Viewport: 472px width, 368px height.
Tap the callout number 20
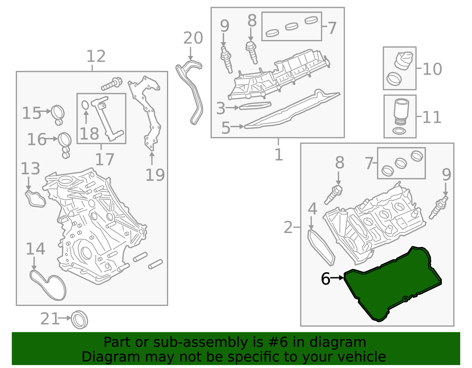tap(193, 38)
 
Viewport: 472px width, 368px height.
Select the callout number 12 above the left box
tap(96, 56)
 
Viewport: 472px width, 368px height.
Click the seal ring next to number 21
tap(80, 319)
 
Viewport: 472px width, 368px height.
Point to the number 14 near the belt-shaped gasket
tap(35, 249)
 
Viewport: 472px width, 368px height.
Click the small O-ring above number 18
tap(85, 105)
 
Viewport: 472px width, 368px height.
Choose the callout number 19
tap(155, 175)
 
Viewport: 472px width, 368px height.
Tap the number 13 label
tap(30, 169)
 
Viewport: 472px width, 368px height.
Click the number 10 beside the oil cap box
tap(432, 69)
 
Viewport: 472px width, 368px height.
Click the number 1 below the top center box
tap(278, 155)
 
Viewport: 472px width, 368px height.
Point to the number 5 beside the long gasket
tap(226, 128)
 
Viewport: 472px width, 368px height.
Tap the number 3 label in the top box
tap(220, 108)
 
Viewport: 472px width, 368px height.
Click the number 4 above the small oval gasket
tap(312, 209)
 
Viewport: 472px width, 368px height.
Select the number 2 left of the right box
tap(288, 227)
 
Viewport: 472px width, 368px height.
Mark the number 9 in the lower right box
tap(446, 174)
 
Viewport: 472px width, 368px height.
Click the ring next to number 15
tap(58, 112)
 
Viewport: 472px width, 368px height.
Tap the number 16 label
tap(37, 139)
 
